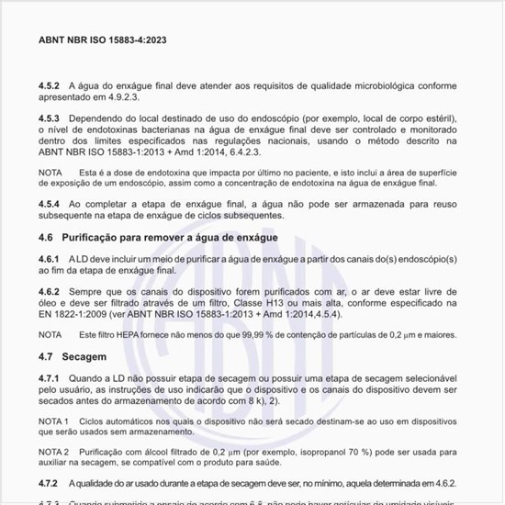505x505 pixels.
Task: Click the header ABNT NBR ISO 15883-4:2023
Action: pyautogui.click(x=102, y=40)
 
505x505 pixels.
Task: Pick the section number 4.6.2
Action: pyautogui.click(x=50, y=289)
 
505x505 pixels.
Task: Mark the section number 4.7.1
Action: pyautogui.click(x=50, y=377)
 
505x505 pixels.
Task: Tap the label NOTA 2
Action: pyautogui.click(x=54, y=454)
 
